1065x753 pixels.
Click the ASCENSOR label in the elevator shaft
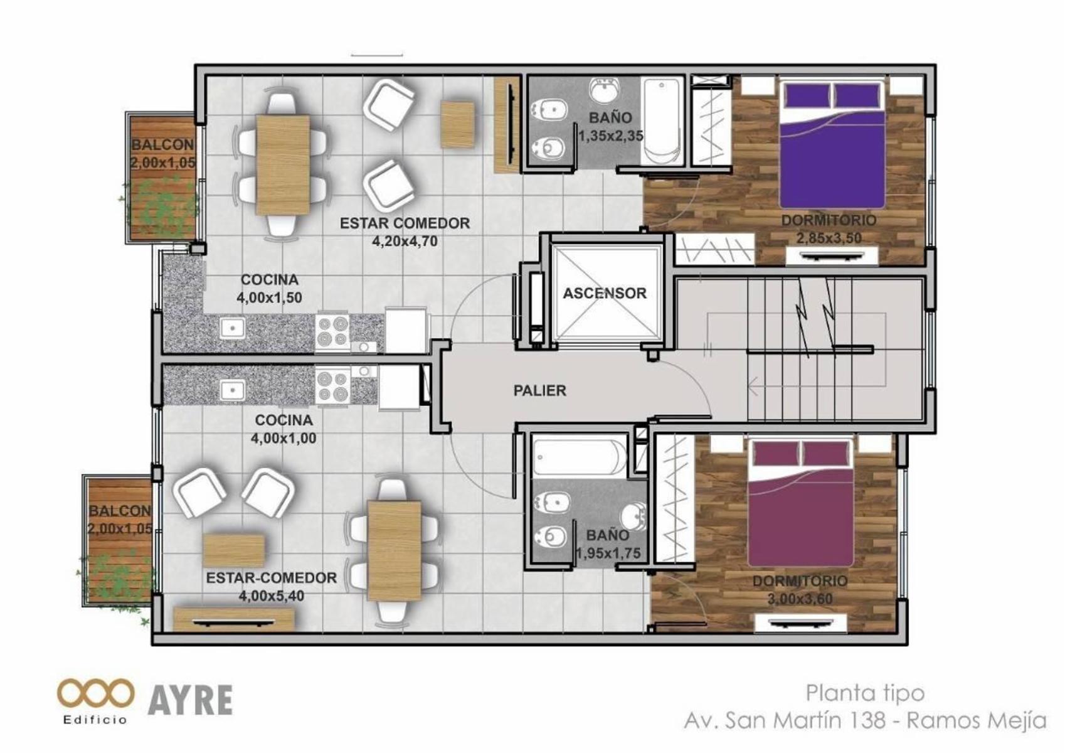604,293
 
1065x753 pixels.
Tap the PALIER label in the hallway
539,390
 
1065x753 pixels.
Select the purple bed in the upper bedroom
832,143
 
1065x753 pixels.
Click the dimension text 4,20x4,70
405,242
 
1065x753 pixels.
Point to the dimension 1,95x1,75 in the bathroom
608,553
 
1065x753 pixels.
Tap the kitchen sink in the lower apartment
233,391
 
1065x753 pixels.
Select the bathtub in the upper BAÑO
661,122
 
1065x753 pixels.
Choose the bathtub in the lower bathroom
580,457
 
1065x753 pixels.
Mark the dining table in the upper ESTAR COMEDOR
283,164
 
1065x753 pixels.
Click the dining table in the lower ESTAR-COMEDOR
394,550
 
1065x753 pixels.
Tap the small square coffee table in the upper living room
457,125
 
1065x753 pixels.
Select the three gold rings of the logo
95,693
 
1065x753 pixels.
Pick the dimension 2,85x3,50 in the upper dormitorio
829,238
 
